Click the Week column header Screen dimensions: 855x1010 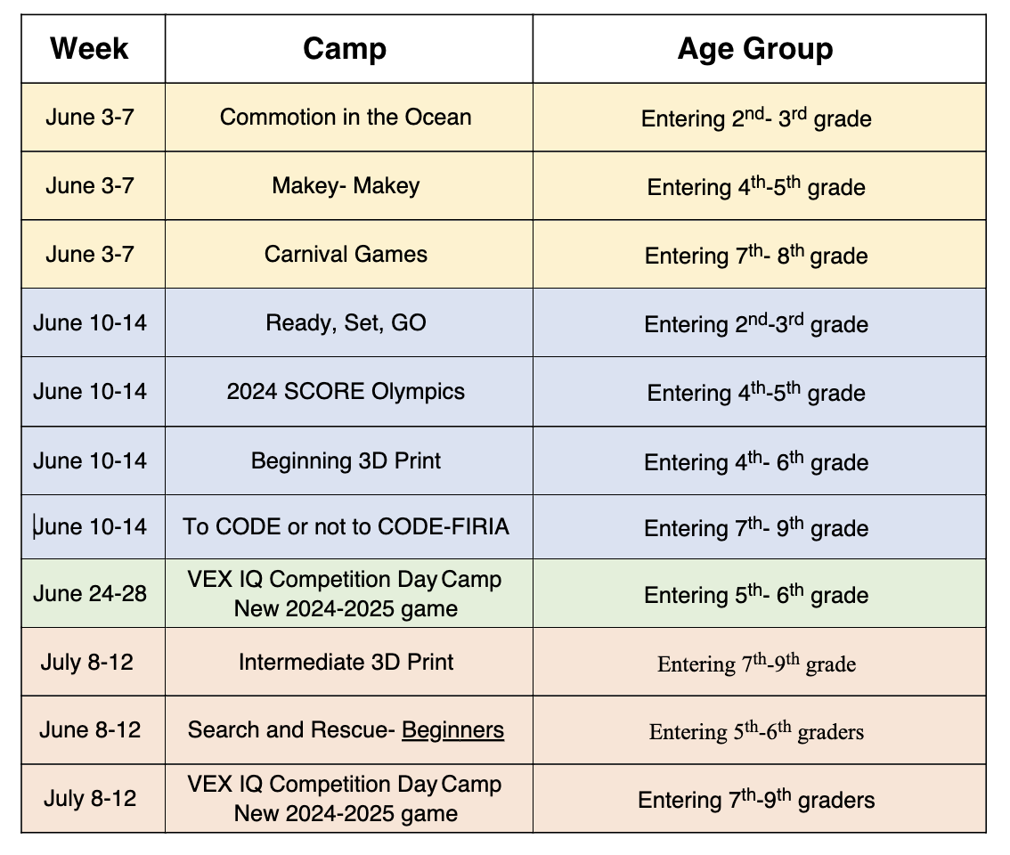(90, 48)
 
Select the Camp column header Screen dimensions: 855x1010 (345, 48)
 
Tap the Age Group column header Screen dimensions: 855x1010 (755, 48)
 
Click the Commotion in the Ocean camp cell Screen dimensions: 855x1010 (346, 117)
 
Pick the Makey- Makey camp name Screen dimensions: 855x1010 (346, 185)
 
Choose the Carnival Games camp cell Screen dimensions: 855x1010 (346, 254)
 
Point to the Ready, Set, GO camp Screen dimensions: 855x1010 (346, 322)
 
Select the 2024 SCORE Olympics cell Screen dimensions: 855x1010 (346, 391)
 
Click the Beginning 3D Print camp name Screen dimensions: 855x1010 (346, 460)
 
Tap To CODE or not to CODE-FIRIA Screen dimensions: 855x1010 (346, 526)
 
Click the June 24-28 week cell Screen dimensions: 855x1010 (90, 593)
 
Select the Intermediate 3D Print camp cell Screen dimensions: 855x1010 (346, 662)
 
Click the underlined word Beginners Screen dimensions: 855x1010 (452, 730)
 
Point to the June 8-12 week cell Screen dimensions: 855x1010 (90, 730)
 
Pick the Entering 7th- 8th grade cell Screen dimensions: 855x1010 (755, 256)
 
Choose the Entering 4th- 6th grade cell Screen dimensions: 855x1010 (755, 462)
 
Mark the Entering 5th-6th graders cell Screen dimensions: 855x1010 (755, 732)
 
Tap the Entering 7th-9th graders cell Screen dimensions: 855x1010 (755, 800)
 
